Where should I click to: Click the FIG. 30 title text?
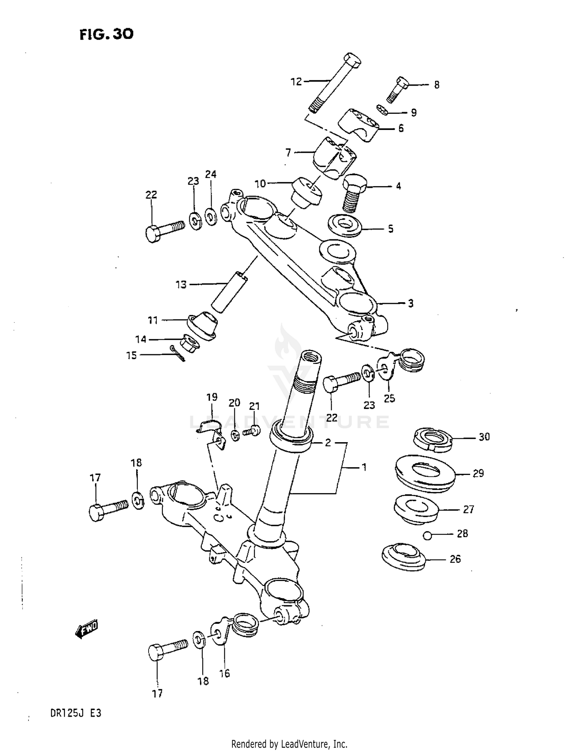click(107, 35)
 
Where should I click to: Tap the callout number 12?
click(296, 82)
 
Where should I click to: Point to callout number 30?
click(484, 437)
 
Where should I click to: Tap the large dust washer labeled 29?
click(425, 473)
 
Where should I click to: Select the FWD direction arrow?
click(87, 630)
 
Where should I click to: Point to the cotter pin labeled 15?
click(178, 353)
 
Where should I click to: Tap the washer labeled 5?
click(345, 226)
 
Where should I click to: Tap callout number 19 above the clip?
click(212, 397)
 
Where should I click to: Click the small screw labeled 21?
click(253, 430)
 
